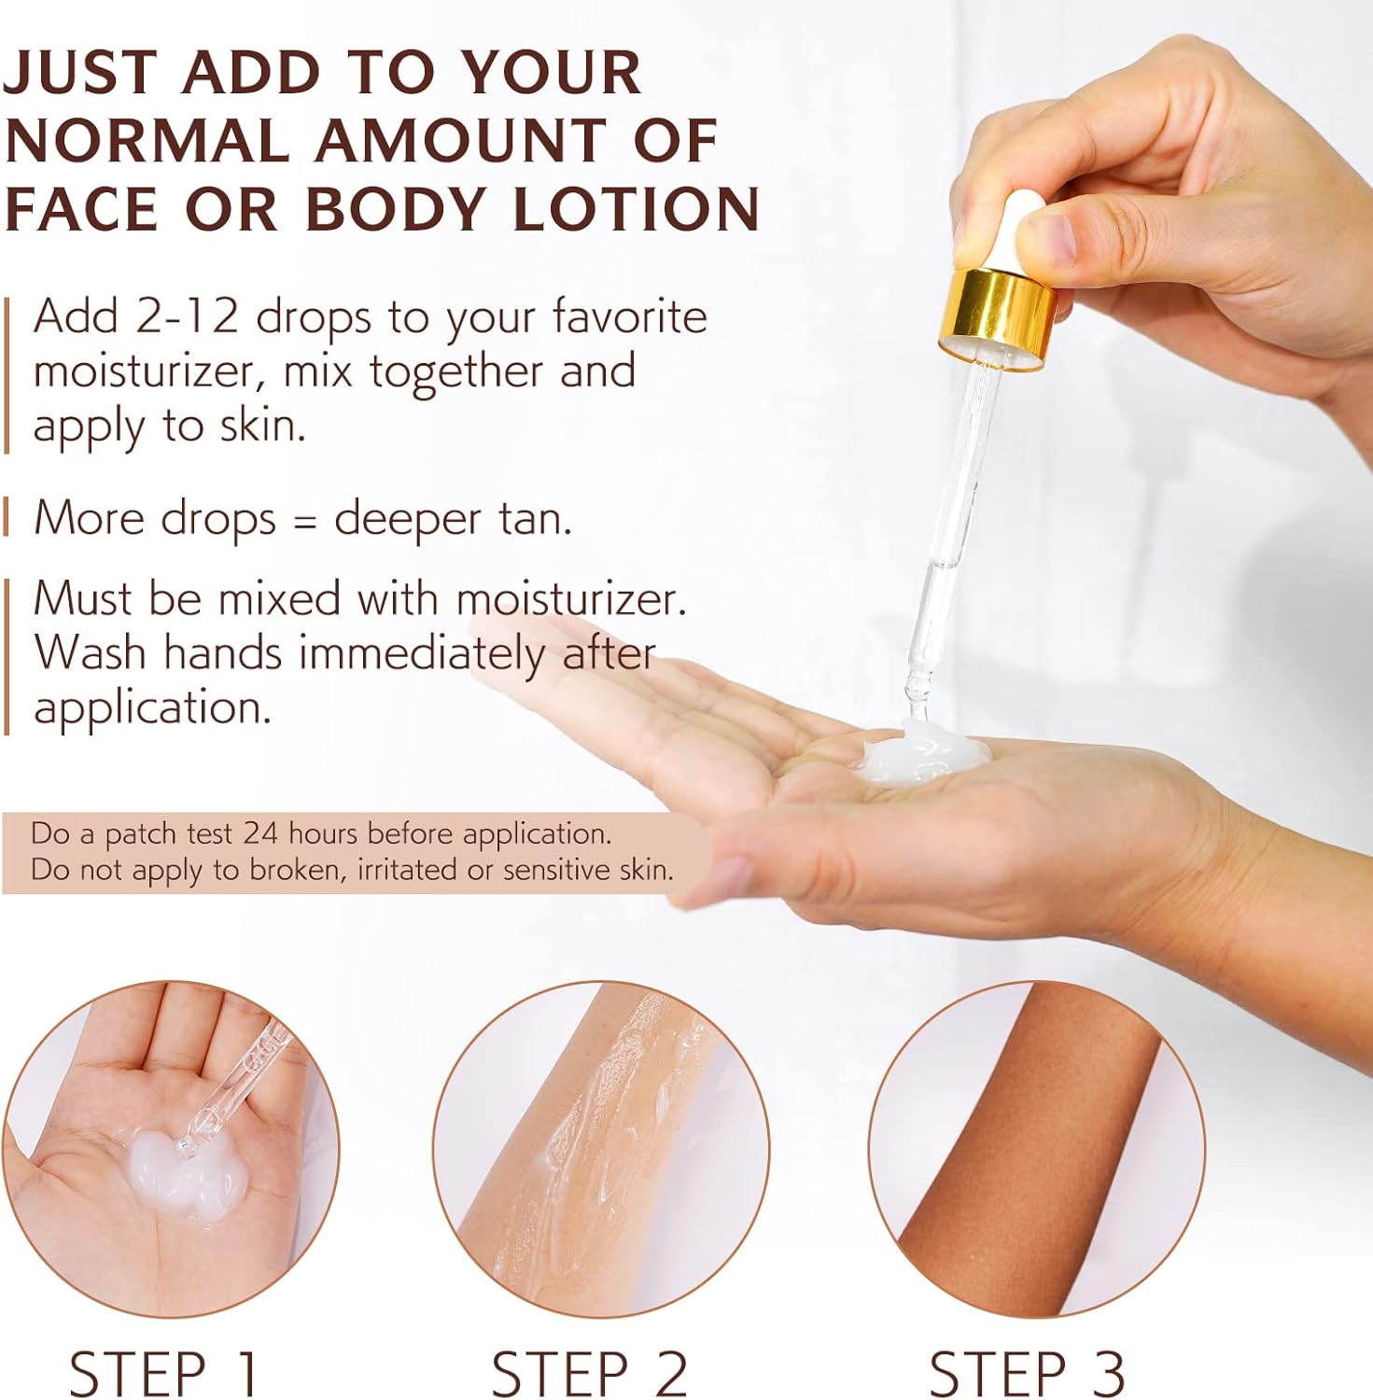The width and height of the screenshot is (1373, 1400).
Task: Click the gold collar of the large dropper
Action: tap(997, 320)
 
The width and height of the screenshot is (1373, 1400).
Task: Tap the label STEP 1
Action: tap(163, 1373)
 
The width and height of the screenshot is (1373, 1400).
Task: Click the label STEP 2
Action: tap(590, 1373)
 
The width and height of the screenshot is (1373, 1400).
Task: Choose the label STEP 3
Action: tap(1027, 1373)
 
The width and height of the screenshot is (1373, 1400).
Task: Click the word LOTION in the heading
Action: tap(637, 208)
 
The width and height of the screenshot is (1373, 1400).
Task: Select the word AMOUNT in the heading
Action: tap(459, 141)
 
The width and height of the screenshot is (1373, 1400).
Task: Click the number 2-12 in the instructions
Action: tap(188, 317)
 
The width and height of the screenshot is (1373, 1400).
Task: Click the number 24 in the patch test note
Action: tap(260, 833)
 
